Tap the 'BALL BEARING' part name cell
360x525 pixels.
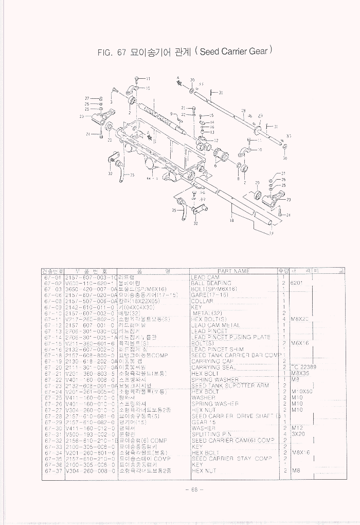point(211,283)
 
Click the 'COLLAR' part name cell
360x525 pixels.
point(202,301)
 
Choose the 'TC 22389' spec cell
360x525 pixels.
point(303,367)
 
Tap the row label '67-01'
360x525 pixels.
point(52,277)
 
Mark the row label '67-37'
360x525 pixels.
point(52,470)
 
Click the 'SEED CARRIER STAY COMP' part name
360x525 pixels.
point(231,459)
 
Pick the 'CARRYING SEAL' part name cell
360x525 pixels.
point(213,367)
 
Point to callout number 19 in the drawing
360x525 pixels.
point(271,233)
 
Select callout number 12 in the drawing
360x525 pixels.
point(216,140)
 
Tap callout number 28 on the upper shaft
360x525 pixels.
point(243,111)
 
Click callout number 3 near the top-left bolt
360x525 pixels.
point(112,102)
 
